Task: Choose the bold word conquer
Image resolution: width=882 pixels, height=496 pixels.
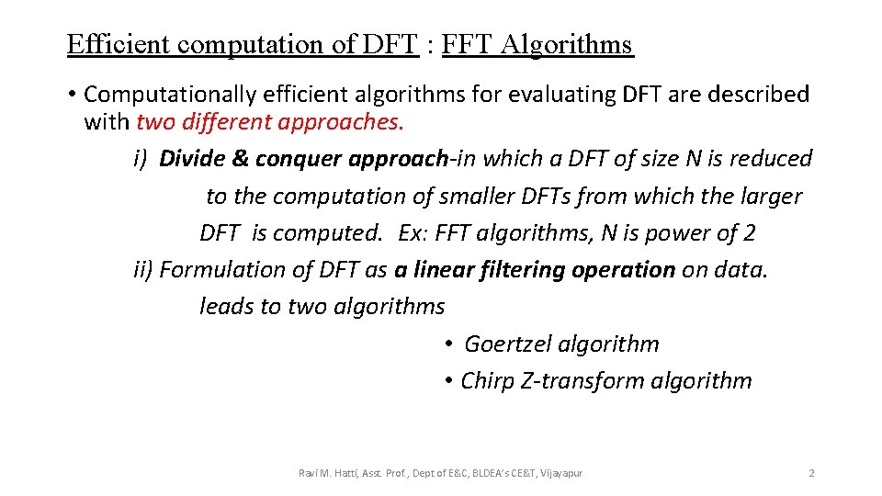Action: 299,160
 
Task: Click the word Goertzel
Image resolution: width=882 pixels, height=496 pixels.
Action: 509,344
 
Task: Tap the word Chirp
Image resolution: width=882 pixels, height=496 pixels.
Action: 488,381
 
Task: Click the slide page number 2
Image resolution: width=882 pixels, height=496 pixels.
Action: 811,473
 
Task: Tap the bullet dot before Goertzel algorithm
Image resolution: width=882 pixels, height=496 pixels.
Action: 449,344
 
